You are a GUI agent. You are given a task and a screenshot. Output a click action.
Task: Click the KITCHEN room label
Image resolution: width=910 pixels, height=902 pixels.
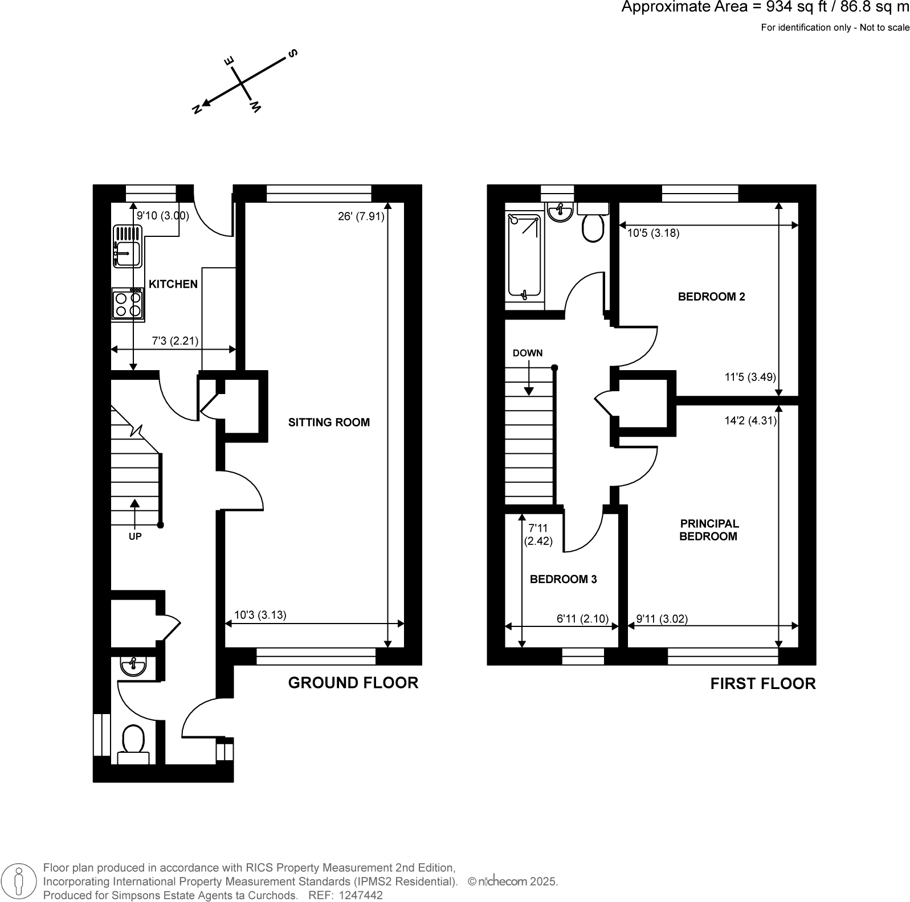click(x=173, y=284)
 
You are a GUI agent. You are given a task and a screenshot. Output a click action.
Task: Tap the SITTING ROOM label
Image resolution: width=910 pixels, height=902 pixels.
click(x=329, y=422)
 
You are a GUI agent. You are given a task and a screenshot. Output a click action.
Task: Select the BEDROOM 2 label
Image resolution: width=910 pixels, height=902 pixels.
click(x=711, y=296)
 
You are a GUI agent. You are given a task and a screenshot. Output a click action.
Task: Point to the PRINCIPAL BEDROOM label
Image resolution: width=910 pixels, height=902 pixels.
click(x=708, y=530)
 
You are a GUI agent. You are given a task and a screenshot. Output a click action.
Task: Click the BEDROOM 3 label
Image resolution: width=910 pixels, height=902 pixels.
click(x=563, y=579)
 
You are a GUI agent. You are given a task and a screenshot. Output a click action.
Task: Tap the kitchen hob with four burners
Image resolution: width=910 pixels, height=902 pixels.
click(x=128, y=304)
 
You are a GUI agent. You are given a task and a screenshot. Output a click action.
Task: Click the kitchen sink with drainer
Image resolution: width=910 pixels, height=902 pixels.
click(x=128, y=246)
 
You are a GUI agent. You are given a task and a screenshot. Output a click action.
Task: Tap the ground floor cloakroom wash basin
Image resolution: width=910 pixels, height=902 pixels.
click(x=133, y=665)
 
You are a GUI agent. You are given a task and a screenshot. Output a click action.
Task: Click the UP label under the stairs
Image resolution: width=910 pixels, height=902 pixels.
click(x=135, y=536)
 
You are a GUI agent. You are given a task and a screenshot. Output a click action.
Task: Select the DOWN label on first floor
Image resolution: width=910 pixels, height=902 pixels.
click(x=527, y=352)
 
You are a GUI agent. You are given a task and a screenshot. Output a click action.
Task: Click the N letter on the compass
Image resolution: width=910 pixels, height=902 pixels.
click(x=197, y=109)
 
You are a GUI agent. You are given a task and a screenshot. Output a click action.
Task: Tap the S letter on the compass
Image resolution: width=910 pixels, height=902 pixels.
click(x=293, y=54)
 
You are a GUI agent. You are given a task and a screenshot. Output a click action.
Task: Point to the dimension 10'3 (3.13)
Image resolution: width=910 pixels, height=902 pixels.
click(x=260, y=614)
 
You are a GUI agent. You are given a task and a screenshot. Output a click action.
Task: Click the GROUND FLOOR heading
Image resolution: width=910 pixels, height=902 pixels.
click(x=353, y=682)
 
